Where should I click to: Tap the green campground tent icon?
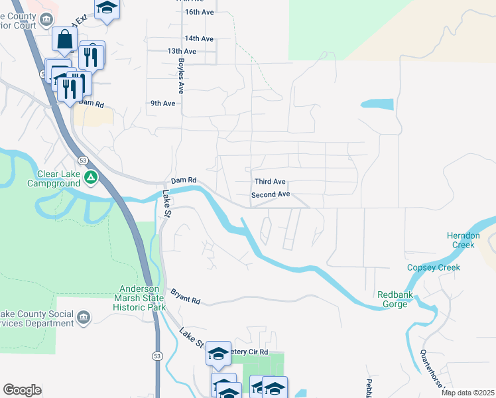tap(91, 178)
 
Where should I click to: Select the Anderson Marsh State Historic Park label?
tap(139, 298)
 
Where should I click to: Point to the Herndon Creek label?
tap(464, 240)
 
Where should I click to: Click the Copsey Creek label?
tap(433, 267)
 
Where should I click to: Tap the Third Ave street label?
tap(270, 182)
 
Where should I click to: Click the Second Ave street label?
tap(271, 195)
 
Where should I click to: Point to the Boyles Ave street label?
tap(180, 74)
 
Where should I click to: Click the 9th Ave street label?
tap(162, 103)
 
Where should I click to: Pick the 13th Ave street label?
tap(182, 51)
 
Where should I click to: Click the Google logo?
tap(22, 390)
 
